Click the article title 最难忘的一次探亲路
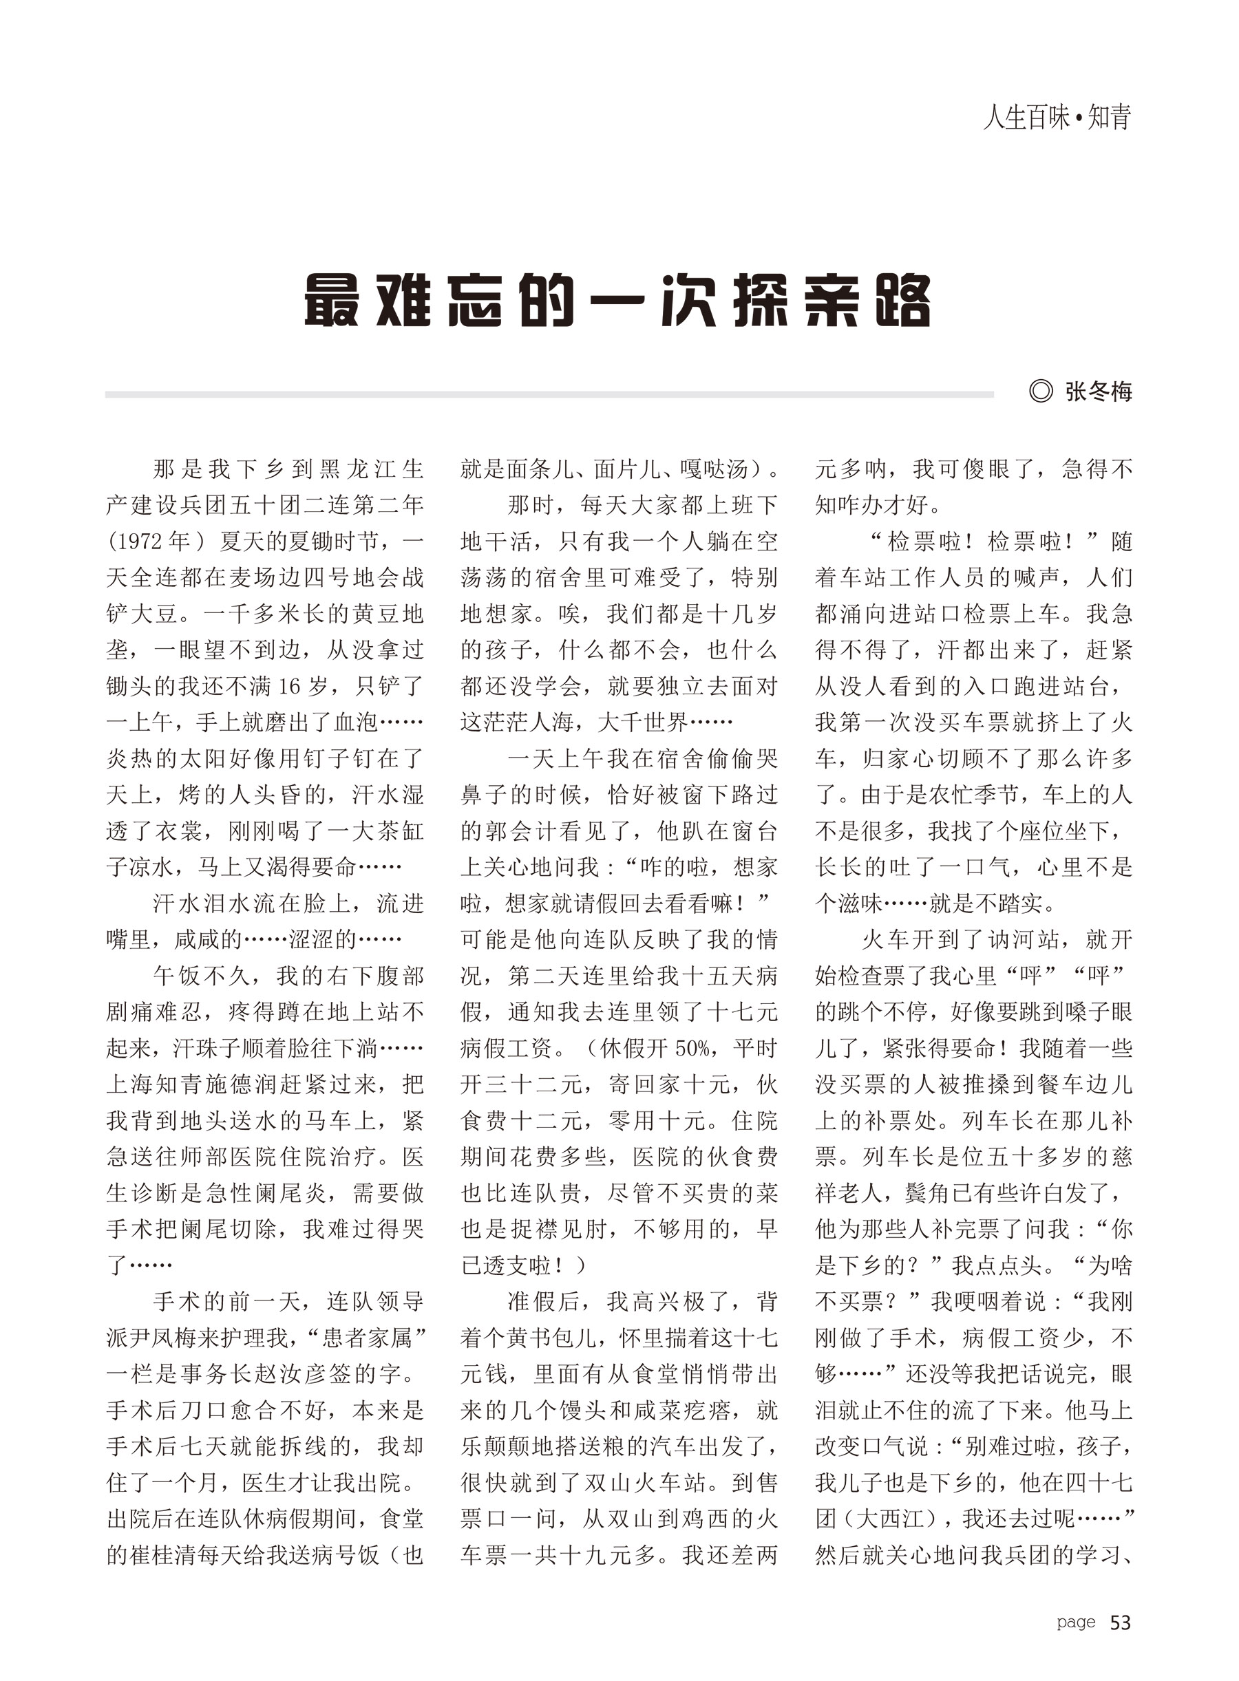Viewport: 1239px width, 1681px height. [x=617, y=301]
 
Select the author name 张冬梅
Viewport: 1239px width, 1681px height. [x=1098, y=392]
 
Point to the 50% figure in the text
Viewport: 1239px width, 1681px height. [x=696, y=1048]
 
